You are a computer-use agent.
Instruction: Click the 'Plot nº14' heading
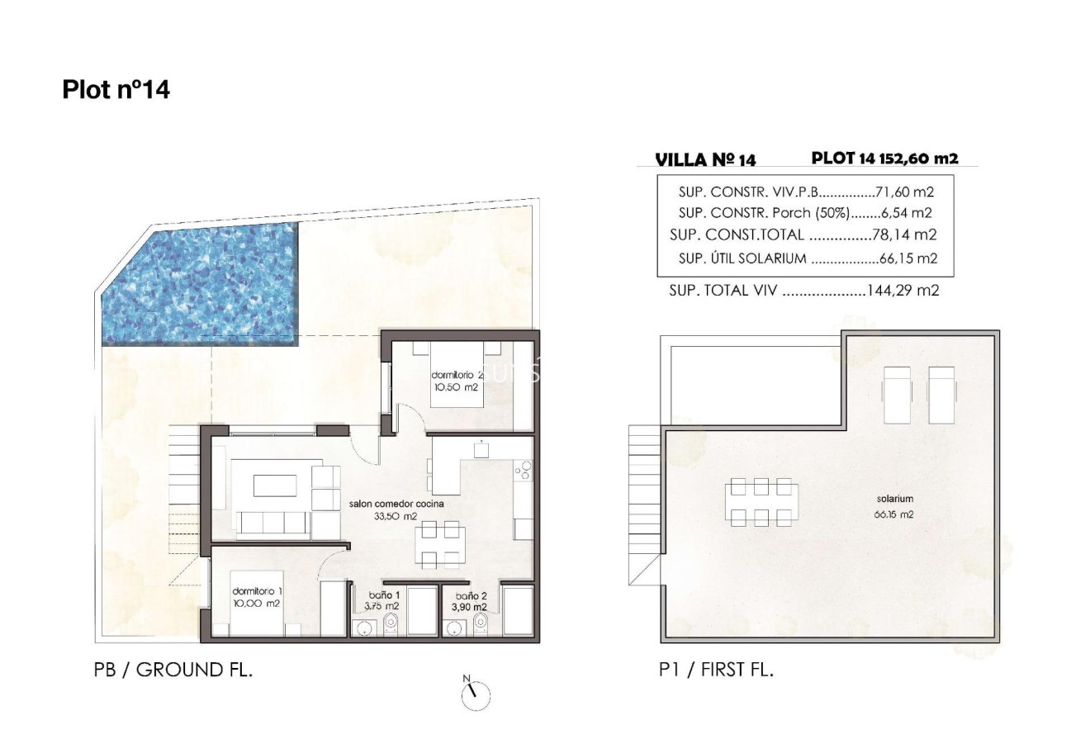[x=116, y=90]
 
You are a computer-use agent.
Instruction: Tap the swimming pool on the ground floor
[x=198, y=283]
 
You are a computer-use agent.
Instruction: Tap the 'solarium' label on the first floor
[x=894, y=499]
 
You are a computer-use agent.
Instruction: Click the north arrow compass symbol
[x=475, y=694]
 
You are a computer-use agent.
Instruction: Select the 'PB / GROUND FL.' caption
[x=173, y=670]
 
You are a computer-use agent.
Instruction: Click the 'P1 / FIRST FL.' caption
[x=716, y=670]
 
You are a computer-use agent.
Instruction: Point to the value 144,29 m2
[x=903, y=291]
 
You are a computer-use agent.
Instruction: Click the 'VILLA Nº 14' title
[x=704, y=160]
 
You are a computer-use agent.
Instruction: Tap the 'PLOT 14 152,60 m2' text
[x=884, y=159]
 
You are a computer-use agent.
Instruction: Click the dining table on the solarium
[x=761, y=502]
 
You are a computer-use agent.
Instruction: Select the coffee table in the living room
[x=273, y=484]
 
